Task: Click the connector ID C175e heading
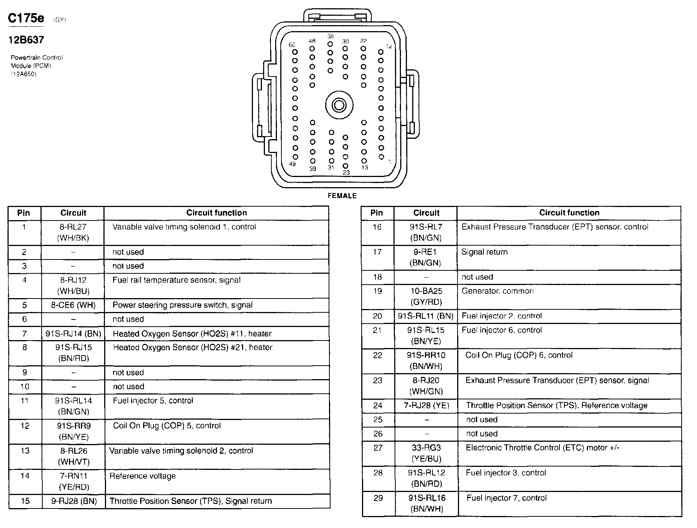tap(26, 18)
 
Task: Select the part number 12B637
tap(26, 40)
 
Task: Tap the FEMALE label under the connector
tap(342, 196)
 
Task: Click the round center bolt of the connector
tap(339, 105)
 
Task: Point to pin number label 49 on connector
tap(292, 164)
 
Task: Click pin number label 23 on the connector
tap(346, 172)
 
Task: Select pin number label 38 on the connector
tap(330, 36)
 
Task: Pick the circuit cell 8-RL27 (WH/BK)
tap(73, 232)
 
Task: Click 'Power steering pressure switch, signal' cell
tap(182, 305)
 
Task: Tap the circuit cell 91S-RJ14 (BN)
tap(73, 334)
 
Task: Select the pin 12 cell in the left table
tap(25, 426)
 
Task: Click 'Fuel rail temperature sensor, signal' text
tap(176, 280)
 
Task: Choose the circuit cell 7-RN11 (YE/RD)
tap(73, 481)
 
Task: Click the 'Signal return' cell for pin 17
tap(485, 252)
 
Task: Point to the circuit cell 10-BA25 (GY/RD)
tap(426, 297)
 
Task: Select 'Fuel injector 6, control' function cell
tap(502, 330)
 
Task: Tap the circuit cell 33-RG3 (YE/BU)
tap(426, 453)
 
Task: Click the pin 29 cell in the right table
tap(378, 498)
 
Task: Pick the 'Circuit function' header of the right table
tap(569, 213)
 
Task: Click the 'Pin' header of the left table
tap(24, 213)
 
